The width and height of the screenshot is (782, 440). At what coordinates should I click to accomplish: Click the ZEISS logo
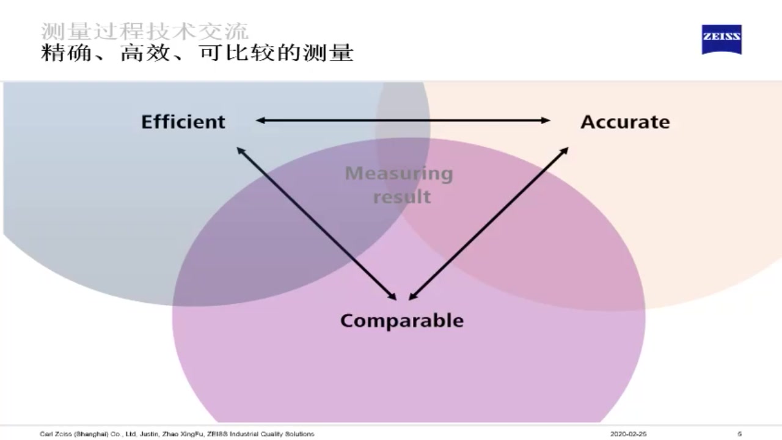point(722,39)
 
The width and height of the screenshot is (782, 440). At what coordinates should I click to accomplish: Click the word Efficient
point(183,122)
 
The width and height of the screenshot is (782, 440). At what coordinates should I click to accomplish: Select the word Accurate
point(625,122)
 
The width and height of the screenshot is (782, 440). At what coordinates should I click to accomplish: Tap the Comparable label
point(401,320)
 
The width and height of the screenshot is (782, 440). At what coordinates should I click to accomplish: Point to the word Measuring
point(399,174)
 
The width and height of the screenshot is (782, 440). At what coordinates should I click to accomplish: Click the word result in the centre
point(402,197)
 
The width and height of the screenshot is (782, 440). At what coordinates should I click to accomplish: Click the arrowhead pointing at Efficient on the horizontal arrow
point(260,120)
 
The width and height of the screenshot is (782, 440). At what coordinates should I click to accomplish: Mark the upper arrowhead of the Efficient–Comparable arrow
point(240,150)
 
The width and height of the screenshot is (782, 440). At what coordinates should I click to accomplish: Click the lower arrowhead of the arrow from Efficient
point(393,297)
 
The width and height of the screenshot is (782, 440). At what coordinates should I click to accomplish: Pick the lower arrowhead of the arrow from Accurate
point(412,297)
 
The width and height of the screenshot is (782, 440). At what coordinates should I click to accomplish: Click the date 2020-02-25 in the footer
point(629,434)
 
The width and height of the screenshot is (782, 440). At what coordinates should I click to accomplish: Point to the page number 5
point(739,434)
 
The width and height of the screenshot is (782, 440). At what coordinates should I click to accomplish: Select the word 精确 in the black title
point(60,53)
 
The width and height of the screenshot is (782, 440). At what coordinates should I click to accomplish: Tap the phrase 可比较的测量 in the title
point(276,53)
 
